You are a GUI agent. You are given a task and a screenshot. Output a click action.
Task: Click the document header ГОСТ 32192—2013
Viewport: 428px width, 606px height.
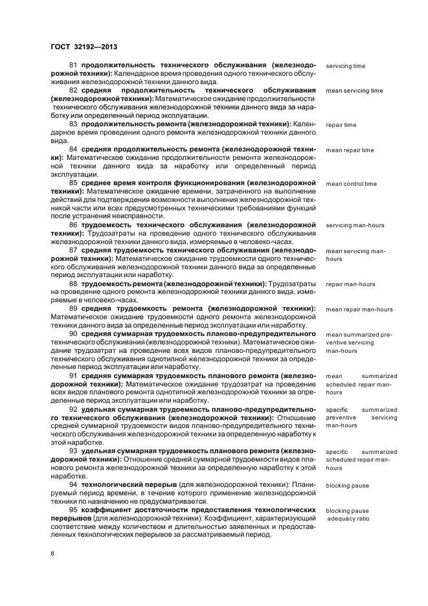pos(79,47)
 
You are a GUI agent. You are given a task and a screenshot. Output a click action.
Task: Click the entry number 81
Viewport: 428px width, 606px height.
pos(73,66)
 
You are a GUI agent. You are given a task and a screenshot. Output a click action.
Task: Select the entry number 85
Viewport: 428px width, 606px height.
pos(73,183)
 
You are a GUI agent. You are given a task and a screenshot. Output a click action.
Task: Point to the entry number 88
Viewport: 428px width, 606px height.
pos(73,284)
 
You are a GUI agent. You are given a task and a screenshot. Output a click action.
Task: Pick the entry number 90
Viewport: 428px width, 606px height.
pos(73,334)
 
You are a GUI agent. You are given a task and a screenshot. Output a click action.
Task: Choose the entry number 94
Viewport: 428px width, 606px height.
pos(73,484)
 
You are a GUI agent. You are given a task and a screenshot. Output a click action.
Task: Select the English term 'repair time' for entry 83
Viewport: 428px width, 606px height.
pos(341,125)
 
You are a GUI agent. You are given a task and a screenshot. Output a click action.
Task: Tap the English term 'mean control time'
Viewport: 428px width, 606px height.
pos(351,184)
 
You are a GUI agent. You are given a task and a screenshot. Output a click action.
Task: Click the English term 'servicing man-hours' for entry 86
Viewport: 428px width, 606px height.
pos(354,225)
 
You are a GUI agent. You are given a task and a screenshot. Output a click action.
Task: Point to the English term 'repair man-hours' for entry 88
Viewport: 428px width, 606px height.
pos(350,284)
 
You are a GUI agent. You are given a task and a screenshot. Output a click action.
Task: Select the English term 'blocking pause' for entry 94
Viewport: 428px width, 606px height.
pos(347,485)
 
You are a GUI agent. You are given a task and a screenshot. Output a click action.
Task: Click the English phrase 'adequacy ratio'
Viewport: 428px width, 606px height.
pos(348,519)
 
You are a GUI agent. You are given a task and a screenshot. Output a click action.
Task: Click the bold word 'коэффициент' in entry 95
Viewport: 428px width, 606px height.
pos(106,510)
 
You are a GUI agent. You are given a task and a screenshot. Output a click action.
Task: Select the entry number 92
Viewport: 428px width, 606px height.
pos(73,409)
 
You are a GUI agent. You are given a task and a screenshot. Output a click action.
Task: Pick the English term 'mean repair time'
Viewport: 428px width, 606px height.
pos(350,150)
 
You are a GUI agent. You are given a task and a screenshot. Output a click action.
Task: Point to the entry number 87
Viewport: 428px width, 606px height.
pos(73,250)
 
